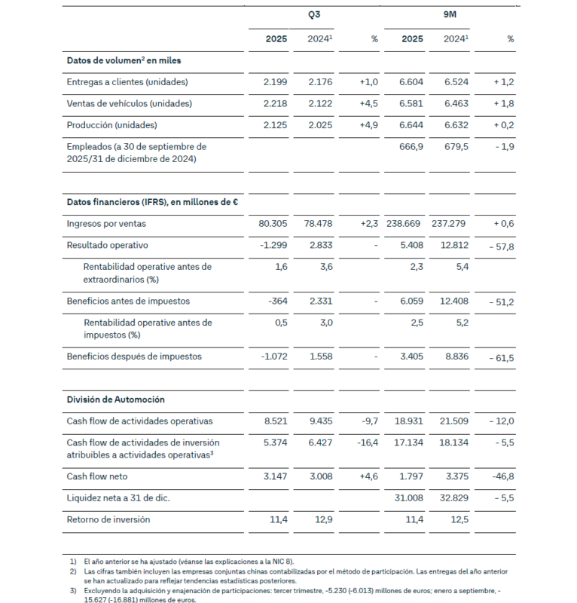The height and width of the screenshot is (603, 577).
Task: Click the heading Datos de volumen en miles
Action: point(124,60)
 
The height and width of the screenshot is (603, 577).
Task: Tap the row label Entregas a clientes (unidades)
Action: point(127,82)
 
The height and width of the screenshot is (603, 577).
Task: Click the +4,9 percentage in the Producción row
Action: point(366,124)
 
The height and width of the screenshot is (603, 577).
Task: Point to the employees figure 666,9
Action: point(410,146)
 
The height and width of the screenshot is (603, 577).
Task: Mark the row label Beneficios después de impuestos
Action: point(134,357)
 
